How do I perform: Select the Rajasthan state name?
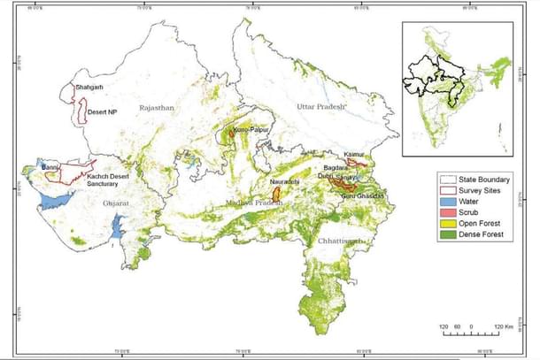pyautogui.click(x=158, y=108)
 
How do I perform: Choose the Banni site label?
pyautogui.click(x=50, y=164)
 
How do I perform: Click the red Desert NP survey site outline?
pyautogui.click(x=82, y=111)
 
